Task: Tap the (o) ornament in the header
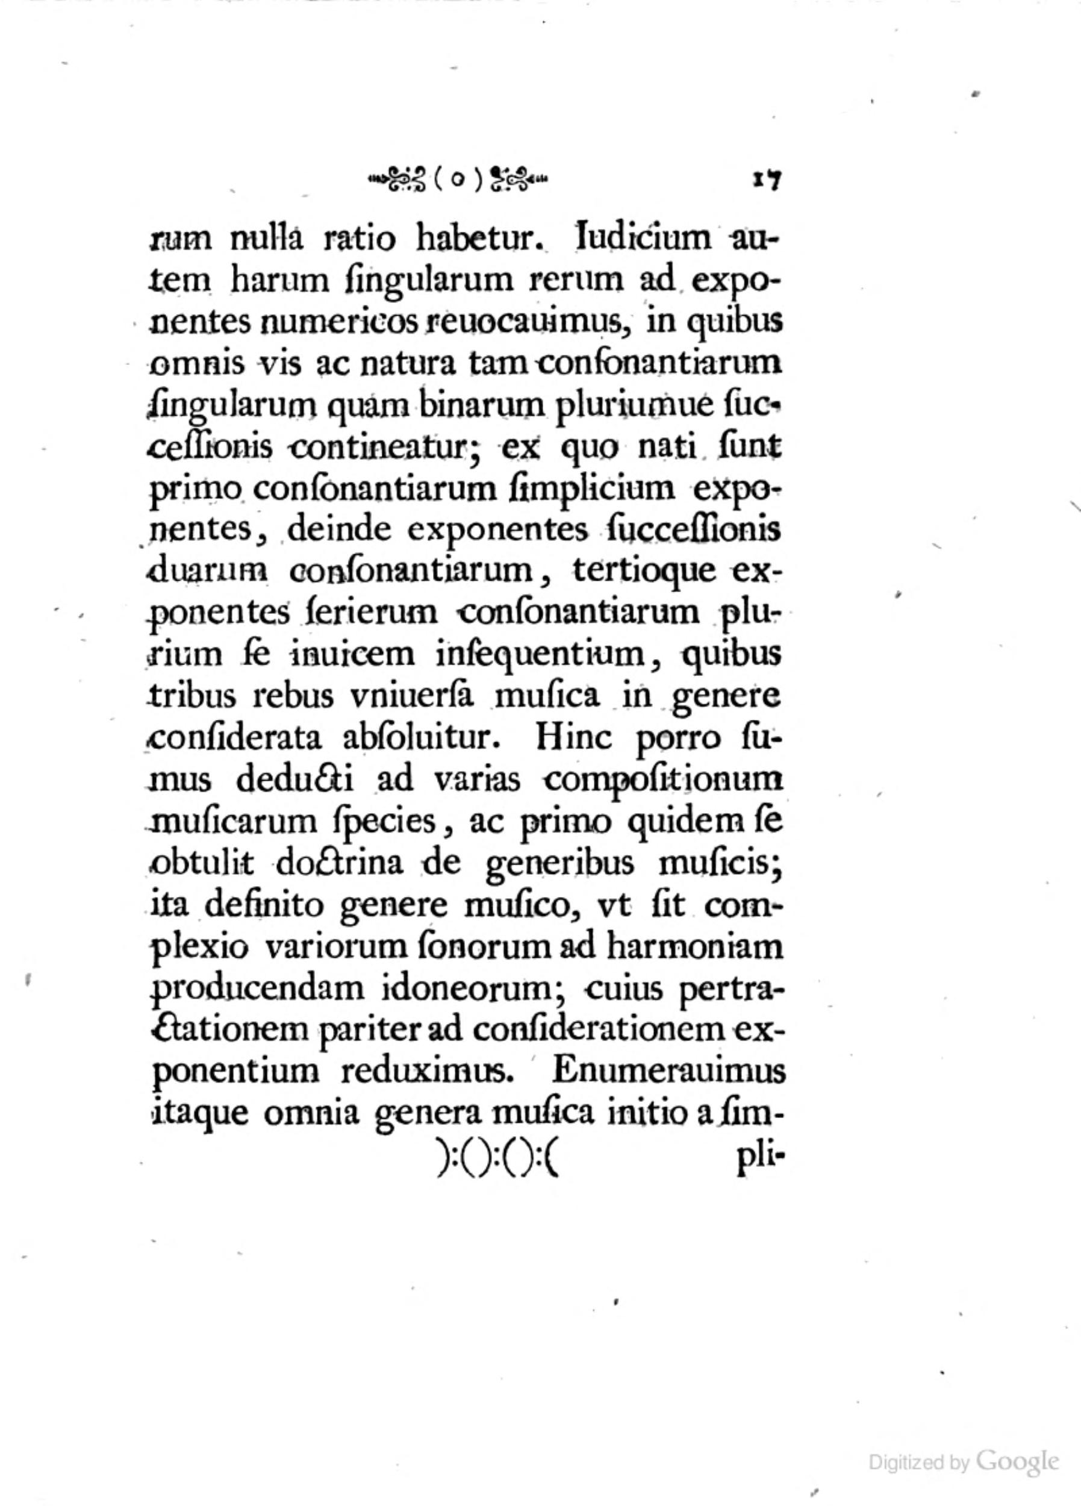pyautogui.click(x=459, y=180)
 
